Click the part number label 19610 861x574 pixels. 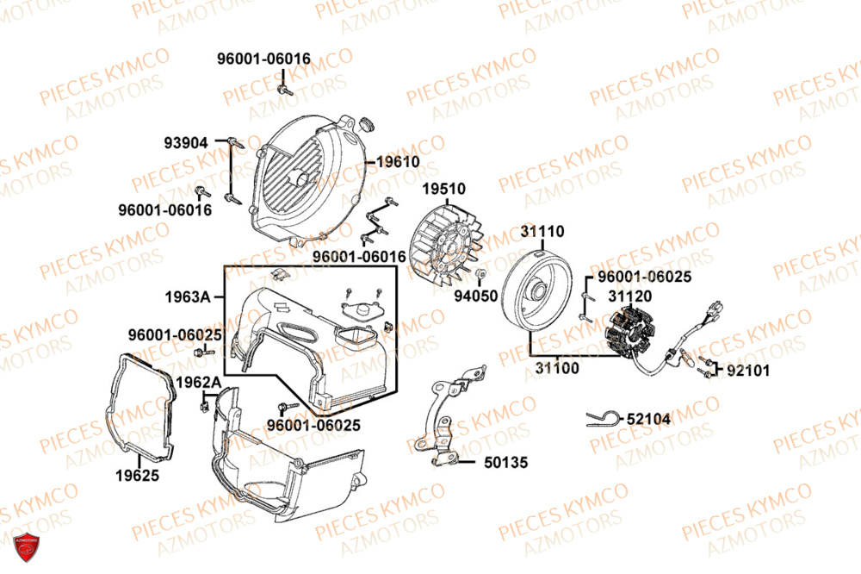(x=398, y=162)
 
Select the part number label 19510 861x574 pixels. (x=443, y=189)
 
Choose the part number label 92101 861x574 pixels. (x=748, y=371)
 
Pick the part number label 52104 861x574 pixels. (x=648, y=418)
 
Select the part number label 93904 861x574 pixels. (x=187, y=142)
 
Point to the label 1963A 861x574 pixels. (x=188, y=297)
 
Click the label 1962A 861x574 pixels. (x=198, y=382)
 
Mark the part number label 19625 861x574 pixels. (x=137, y=475)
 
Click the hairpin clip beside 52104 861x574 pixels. (x=600, y=418)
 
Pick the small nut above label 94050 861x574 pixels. (x=481, y=274)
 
